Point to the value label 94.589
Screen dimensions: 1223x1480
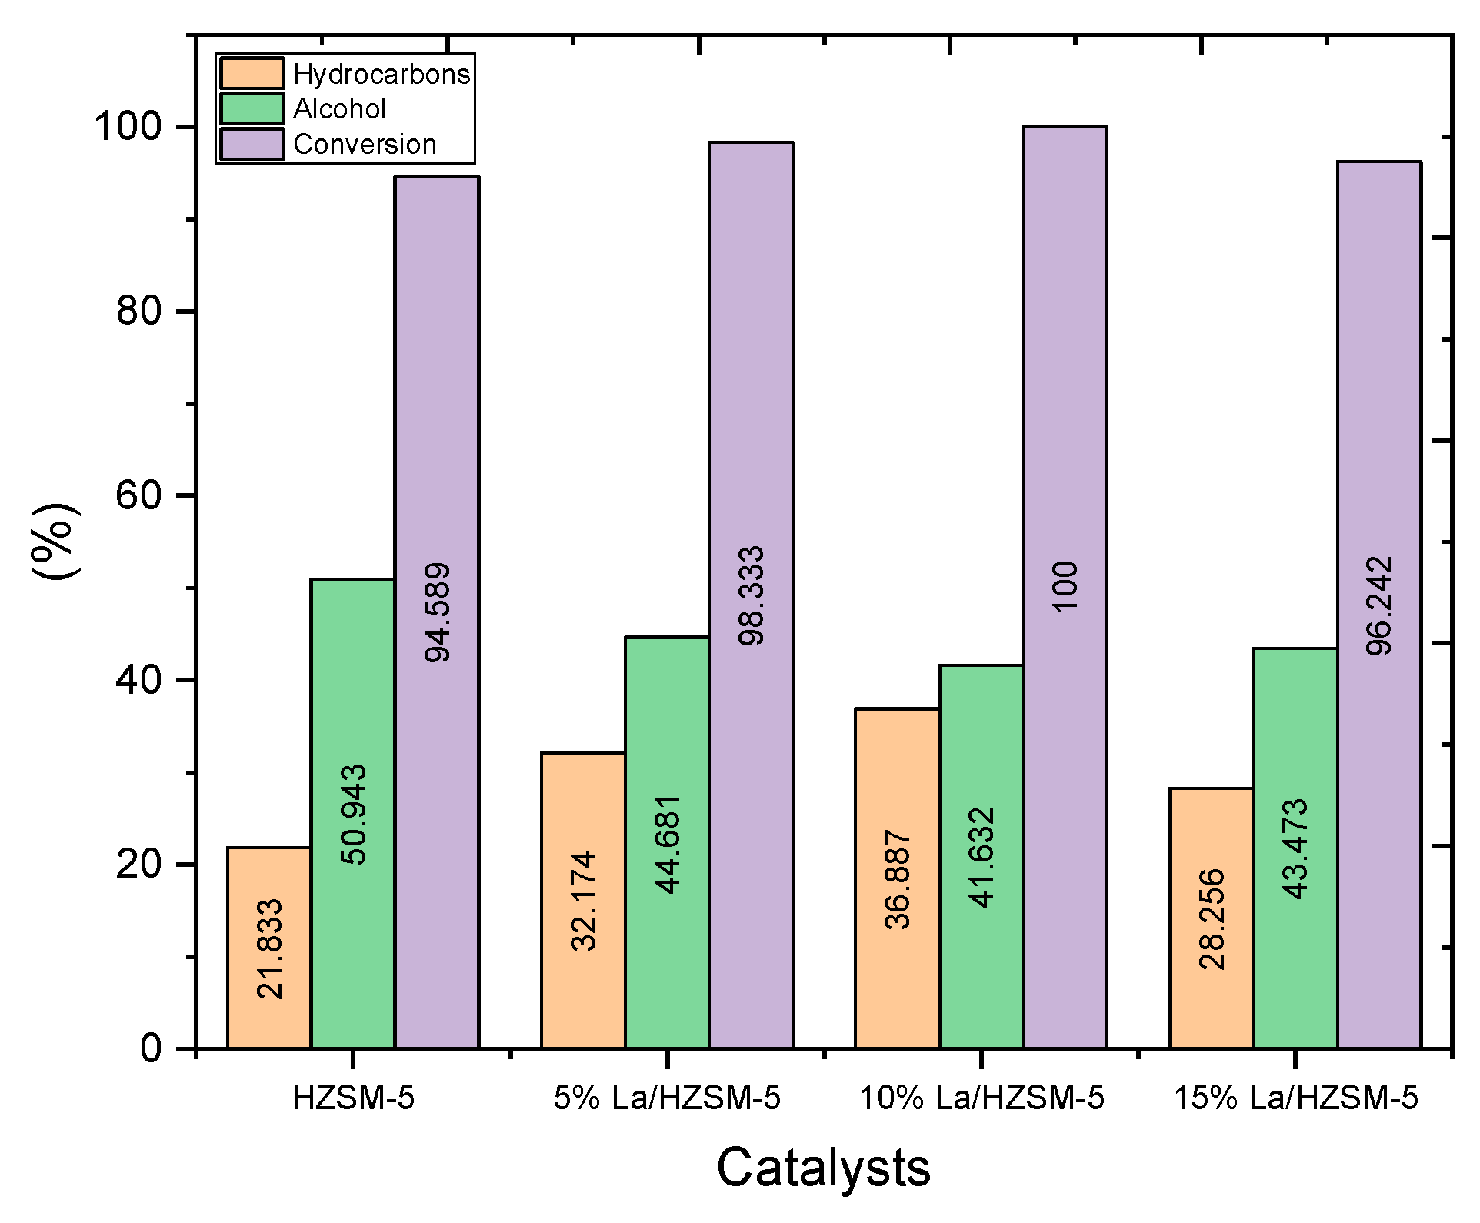438,612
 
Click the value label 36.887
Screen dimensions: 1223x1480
898,880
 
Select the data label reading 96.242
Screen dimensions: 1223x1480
1379,605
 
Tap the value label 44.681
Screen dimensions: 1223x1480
668,845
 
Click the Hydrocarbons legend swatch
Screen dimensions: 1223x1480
252,74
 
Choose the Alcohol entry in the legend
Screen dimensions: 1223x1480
338,109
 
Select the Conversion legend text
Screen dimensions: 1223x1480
365,145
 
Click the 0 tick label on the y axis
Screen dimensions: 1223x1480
152,1048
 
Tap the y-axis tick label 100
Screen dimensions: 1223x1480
128,127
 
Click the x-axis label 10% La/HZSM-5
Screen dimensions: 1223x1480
982,1098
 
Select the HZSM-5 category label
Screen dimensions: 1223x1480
353,1098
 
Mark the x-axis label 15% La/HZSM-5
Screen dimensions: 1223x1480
1295,1098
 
